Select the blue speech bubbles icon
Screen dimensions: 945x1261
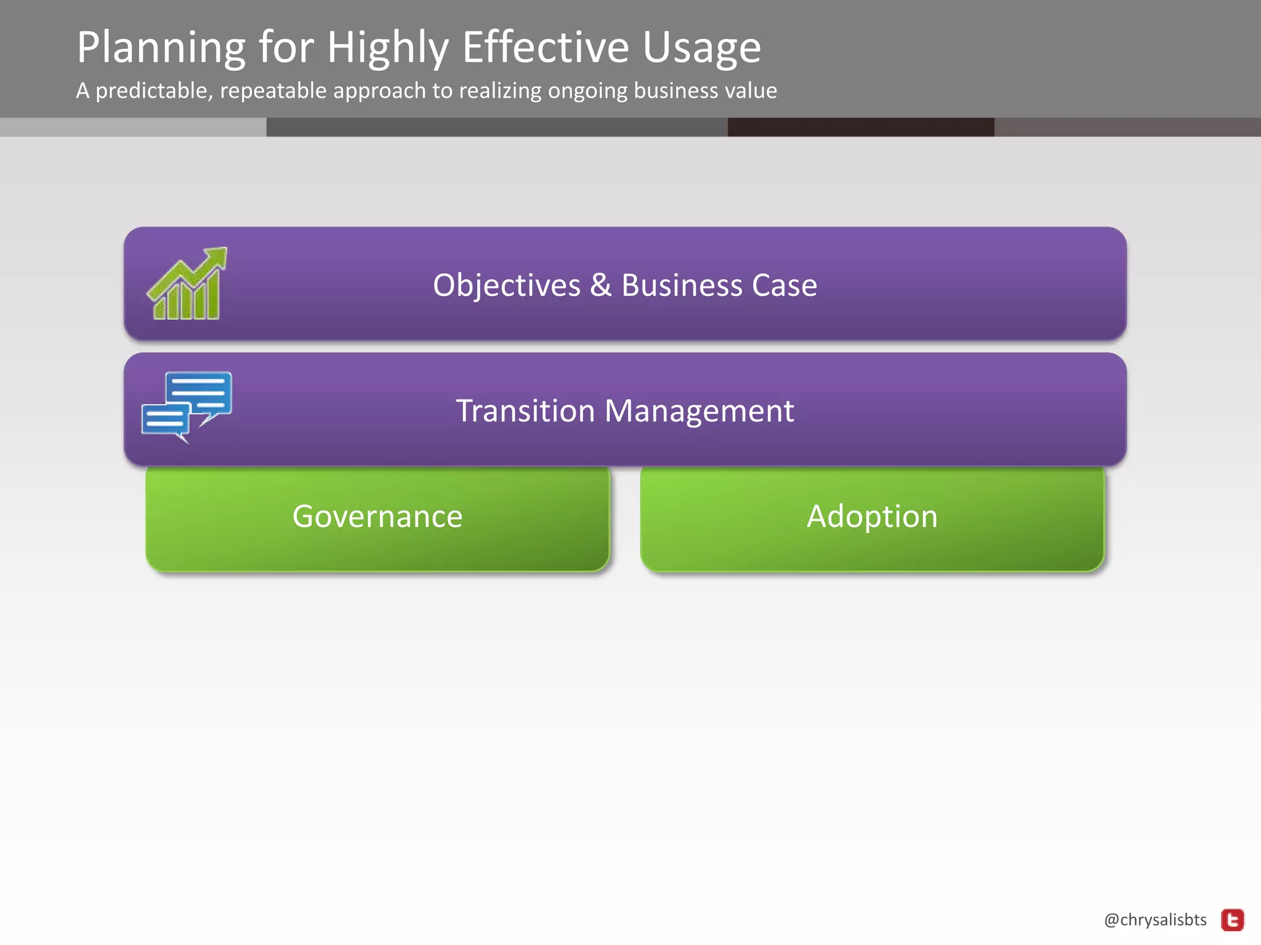187,406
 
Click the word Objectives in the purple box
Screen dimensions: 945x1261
506,285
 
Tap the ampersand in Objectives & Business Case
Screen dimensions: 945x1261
600,285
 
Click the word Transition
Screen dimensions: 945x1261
525,411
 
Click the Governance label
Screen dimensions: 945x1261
377,516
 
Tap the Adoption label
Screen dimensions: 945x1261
872,516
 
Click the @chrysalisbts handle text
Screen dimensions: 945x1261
1155,920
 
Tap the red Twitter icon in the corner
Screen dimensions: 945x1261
1233,920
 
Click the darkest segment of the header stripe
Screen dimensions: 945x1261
860,127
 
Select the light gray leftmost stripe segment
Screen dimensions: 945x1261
132,127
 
